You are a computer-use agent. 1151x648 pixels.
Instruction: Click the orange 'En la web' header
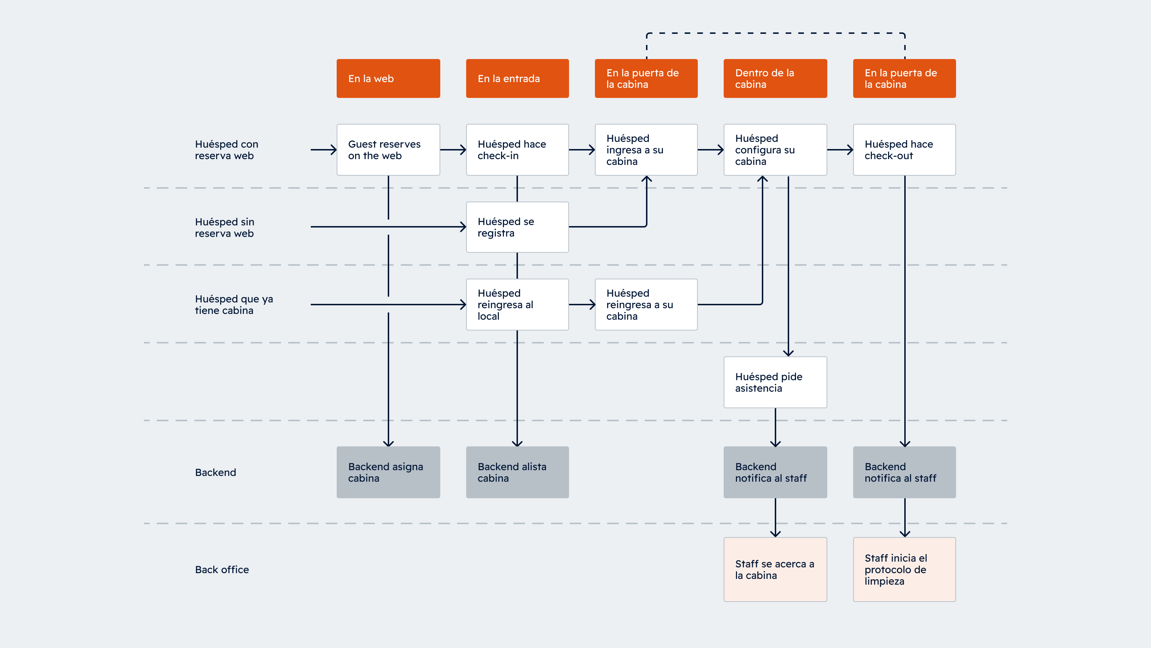[x=388, y=78]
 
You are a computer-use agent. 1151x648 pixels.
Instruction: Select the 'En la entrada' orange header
[x=517, y=78]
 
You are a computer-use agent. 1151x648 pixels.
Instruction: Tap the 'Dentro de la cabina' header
[x=775, y=78]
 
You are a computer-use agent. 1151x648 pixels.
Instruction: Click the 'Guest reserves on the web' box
[x=388, y=150]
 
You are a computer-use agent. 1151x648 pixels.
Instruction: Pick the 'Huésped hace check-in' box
[x=517, y=150]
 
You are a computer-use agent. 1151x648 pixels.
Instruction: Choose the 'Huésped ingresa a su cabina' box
[x=646, y=150]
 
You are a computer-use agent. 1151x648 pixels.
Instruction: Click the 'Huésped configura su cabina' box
[x=775, y=150]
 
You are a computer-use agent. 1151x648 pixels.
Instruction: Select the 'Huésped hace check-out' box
[x=904, y=150]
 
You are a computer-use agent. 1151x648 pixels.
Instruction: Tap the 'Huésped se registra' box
[x=517, y=227]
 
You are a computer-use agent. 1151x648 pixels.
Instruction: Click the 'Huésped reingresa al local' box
[x=517, y=305]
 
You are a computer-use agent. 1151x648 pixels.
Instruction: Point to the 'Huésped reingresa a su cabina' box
[x=646, y=305]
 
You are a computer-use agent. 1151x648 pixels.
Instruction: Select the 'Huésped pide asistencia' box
[x=775, y=382]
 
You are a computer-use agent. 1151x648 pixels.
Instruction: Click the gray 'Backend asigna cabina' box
[x=388, y=472]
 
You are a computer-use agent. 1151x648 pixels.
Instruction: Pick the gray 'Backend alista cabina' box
[x=517, y=472]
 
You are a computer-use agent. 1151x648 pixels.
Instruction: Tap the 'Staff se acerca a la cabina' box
[x=775, y=569]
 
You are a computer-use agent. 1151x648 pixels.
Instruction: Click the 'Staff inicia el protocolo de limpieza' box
[x=904, y=569]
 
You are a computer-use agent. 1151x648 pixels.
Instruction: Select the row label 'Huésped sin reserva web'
[x=224, y=228]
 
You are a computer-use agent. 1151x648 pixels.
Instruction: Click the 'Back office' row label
[x=222, y=569]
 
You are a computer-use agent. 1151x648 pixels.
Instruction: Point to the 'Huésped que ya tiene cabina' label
[x=234, y=305]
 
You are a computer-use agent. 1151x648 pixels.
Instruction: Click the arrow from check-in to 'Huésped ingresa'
[x=581, y=150]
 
